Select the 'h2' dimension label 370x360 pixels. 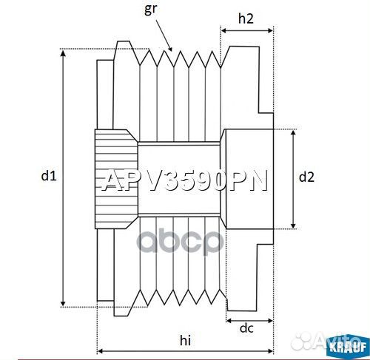click(247, 20)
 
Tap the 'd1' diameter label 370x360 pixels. click(48, 176)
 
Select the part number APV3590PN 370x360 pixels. click(184, 181)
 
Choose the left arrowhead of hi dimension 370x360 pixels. click(101, 350)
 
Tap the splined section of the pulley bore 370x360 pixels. click(115, 177)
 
